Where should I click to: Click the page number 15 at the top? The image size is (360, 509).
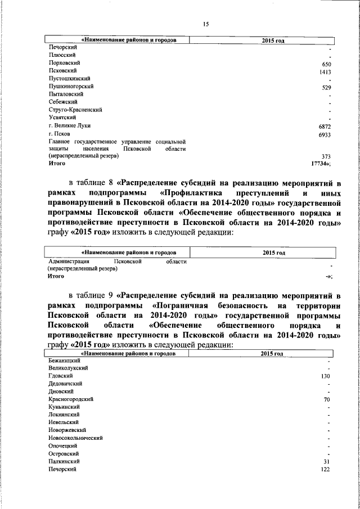pos(206,24)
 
